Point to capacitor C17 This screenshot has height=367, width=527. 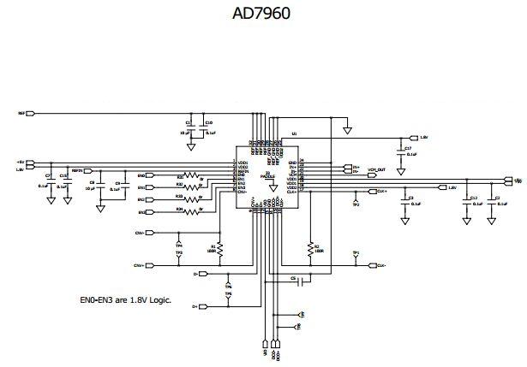tap(401, 151)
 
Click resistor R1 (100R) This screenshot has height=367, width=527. tap(220, 249)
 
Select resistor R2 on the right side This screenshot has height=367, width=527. tap(308, 249)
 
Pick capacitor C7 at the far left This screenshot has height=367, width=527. tap(50, 181)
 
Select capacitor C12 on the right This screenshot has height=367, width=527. tap(465, 202)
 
